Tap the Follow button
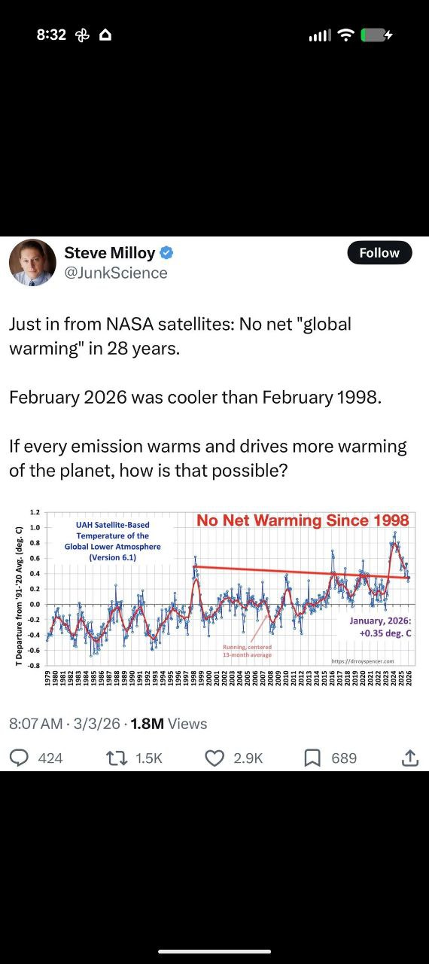(x=379, y=253)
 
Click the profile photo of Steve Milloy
(x=32, y=263)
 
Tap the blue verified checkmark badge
(x=168, y=253)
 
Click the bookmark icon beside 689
(x=312, y=758)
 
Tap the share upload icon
(x=409, y=758)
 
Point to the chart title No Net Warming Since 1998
(x=303, y=520)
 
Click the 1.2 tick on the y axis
(x=35, y=513)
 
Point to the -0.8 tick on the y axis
(x=34, y=666)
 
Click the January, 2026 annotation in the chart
(x=380, y=627)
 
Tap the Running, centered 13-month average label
(x=248, y=651)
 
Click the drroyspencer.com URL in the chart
(x=363, y=661)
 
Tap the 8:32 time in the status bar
(x=51, y=35)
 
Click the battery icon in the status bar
(x=375, y=35)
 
